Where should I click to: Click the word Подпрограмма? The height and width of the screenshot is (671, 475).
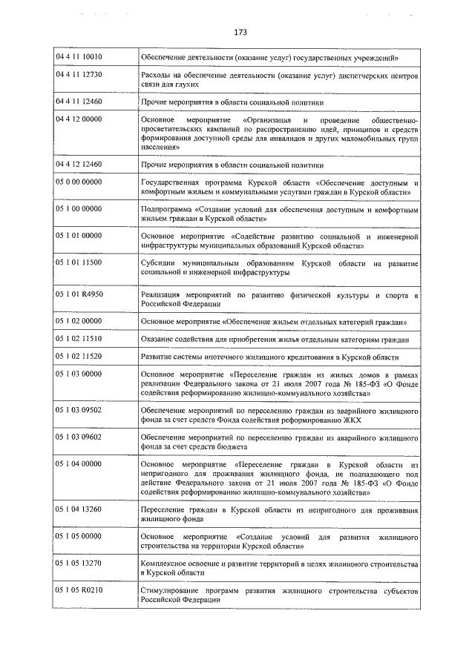tap(166, 209)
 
